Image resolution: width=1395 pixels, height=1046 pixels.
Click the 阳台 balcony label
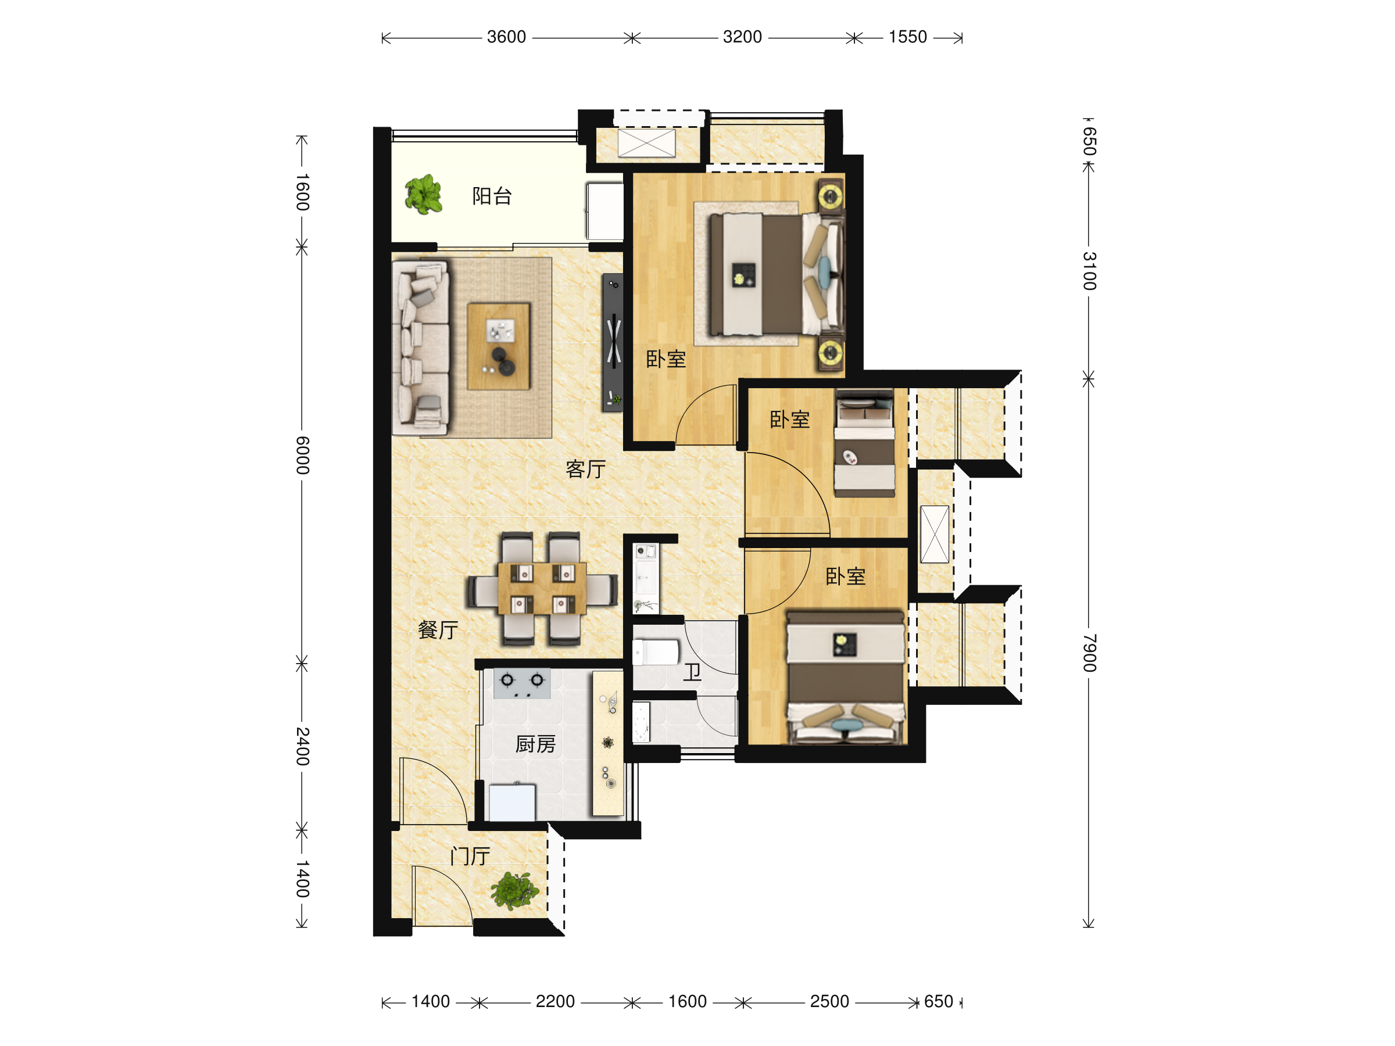click(492, 196)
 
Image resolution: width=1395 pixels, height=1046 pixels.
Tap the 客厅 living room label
click(586, 469)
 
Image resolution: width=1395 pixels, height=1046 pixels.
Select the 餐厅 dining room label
click(438, 630)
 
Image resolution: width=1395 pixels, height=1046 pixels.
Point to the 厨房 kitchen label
click(535, 744)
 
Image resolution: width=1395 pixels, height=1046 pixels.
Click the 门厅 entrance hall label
click(470, 856)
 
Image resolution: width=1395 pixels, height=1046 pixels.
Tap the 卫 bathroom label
click(692, 673)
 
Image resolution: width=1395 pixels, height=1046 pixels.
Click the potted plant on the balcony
click(423, 194)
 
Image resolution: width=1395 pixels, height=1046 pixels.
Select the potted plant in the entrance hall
click(514, 891)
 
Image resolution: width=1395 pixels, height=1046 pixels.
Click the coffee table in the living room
click(498, 346)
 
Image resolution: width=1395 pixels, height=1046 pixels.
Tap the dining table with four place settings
click(542, 588)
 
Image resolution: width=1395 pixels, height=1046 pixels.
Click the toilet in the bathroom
click(655, 652)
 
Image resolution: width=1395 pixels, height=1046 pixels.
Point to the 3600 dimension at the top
click(506, 37)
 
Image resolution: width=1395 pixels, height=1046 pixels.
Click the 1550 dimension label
click(907, 37)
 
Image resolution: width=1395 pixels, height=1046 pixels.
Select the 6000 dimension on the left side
click(303, 455)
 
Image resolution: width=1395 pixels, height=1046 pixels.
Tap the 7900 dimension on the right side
click(1089, 653)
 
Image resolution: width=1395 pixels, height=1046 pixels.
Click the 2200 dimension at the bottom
click(555, 1002)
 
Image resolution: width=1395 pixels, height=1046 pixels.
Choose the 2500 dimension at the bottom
click(829, 1002)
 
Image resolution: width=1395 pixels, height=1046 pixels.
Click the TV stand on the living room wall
click(613, 342)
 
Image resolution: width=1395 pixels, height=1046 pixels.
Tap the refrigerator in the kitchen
click(512, 802)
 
